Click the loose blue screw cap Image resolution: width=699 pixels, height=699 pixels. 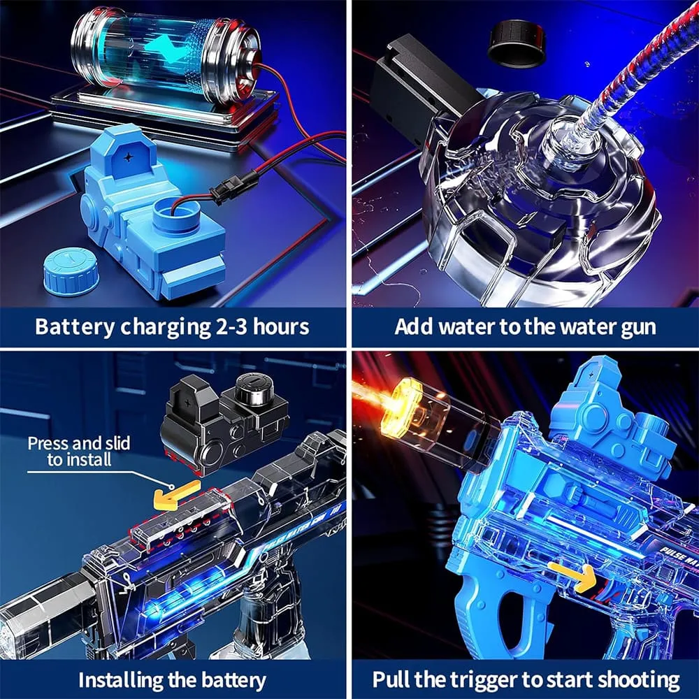click(71, 271)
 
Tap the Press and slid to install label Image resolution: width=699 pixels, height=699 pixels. click(78, 451)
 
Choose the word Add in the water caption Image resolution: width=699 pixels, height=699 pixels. click(412, 326)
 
